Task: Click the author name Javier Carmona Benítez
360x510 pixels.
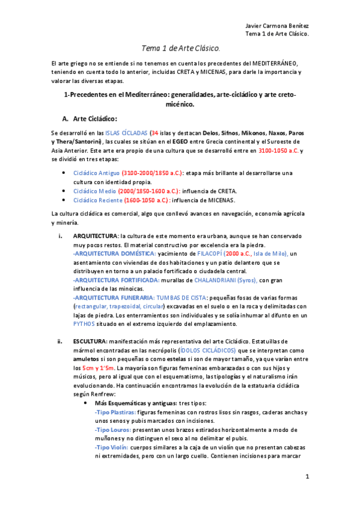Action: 278,26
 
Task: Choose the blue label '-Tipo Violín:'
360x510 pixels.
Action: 112,448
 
